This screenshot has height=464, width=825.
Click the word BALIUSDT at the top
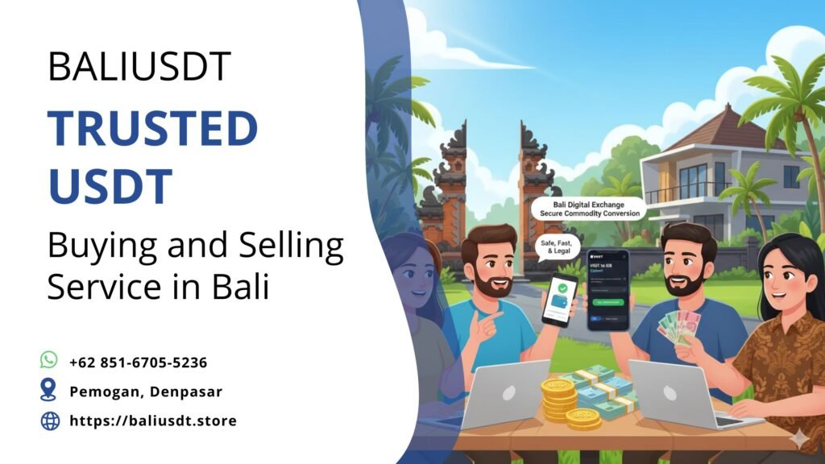[x=139, y=67]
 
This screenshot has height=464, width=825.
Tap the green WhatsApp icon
[x=49, y=360]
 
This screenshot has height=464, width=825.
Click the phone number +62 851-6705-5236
[x=138, y=362]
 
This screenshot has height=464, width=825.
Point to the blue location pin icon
[x=49, y=391]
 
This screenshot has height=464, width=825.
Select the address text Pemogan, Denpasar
[x=146, y=392]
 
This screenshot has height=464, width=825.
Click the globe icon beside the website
[x=50, y=420]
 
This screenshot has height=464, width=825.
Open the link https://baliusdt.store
[x=153, y=420]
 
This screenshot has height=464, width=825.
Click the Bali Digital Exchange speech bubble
[x=589, y=209]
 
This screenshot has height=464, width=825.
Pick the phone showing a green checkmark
[x=560, y=298]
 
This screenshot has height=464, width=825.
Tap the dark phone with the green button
[x=607, y=289]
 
